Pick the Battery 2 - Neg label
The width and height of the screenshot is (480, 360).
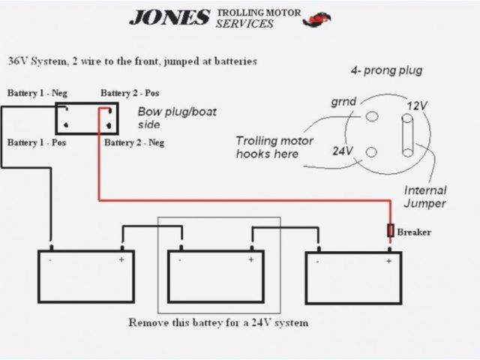pos(134,142)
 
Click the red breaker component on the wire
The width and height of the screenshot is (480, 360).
pos(390,231)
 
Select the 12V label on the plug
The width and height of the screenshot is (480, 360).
pos(416,106)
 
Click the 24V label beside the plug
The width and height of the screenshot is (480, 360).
pos(343,150)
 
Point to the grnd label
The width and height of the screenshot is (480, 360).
pos(343,101)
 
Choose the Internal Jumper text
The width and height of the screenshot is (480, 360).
pos(425,196)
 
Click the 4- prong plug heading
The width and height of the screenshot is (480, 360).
pos(385,71)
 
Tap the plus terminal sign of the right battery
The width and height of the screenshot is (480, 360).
pos(389,260)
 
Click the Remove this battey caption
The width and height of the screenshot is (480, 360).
pos(218,323)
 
